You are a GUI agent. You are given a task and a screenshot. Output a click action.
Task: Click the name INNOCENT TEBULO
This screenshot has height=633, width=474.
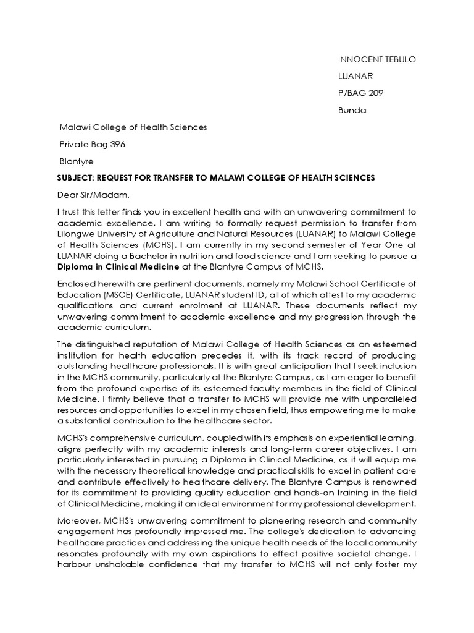pos(377,59)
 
